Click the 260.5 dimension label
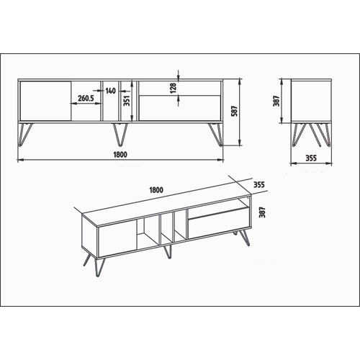(86, 98)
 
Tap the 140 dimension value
(110, 91)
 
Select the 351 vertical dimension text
(127, 101)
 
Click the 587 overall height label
(234, 111)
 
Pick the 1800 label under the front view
(120, 155)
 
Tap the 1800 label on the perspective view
(156, 190)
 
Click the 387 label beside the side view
(276, 101)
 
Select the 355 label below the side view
(311, 158)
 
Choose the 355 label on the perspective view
(259, 185)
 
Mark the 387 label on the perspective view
(263, 212)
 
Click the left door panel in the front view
(45, 101)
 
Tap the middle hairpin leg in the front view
(120, 135)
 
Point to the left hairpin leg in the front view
(25, 135)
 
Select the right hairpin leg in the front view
(215, 135)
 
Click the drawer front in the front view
(180, 108)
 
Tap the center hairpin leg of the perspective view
(168, 252)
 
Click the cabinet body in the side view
(311, 102)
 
